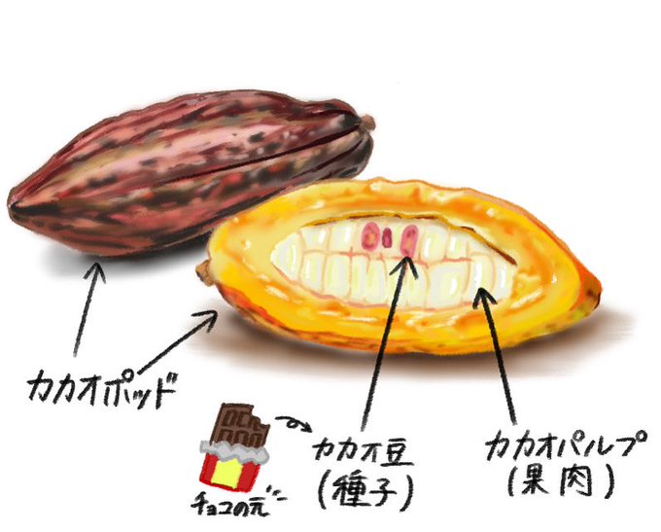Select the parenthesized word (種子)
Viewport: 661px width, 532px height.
pos(362,489)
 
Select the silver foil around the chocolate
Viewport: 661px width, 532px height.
pos(233,450)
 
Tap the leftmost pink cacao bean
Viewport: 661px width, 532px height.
pos(367,234)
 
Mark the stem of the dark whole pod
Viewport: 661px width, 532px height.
pos(367,123)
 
